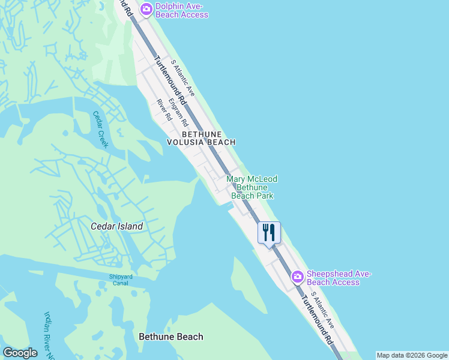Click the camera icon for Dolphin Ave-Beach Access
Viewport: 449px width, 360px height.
coord(146,9)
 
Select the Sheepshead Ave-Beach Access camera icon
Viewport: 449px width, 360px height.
coord(297,277)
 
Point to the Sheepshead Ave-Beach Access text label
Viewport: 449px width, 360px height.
coord(339,278)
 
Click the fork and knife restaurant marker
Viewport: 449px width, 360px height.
coord(269,232)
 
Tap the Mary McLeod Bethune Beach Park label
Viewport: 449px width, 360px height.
coord(252,187)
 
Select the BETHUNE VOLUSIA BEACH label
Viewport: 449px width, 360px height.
coord(201,138)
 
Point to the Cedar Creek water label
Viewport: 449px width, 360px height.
coord(100,129)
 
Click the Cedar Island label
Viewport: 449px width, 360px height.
coord(116,226)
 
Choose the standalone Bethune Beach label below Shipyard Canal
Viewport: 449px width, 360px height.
coord(170,337)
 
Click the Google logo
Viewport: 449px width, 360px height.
coord(20,353)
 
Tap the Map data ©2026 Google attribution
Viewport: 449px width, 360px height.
coord(412,355)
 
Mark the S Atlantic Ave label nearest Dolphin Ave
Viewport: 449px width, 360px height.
coord(182,77)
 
